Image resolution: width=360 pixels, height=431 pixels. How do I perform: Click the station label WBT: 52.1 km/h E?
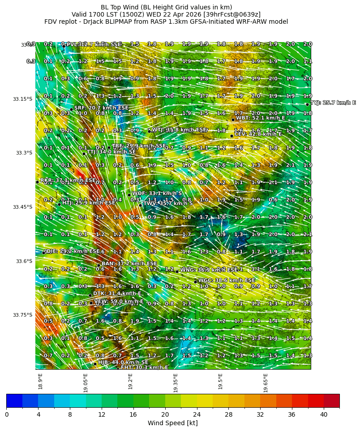(261, 118)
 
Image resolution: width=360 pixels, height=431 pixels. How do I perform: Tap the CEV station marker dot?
(231, 136)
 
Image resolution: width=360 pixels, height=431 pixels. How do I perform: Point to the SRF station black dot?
(71, 109)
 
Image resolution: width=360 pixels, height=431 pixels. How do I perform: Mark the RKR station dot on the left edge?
(37, 182)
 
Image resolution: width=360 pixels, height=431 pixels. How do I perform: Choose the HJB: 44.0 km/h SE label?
(123, 362)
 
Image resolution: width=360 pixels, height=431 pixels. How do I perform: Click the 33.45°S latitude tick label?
(22, 207)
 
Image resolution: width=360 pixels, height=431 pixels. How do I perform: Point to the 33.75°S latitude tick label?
(22, 315)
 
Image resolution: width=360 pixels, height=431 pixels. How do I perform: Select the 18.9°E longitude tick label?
(41, 381)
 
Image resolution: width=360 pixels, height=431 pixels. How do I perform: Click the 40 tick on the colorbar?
(324, 414)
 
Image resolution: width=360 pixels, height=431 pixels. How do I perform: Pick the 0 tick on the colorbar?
(6, 414)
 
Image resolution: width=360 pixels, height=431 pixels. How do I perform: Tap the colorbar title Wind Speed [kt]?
(173, 423)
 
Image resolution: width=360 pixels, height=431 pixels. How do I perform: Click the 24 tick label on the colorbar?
(197, 414)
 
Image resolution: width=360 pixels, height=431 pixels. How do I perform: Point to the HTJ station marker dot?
(59, 204)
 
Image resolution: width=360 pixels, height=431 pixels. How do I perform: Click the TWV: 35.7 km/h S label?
(168, 203)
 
